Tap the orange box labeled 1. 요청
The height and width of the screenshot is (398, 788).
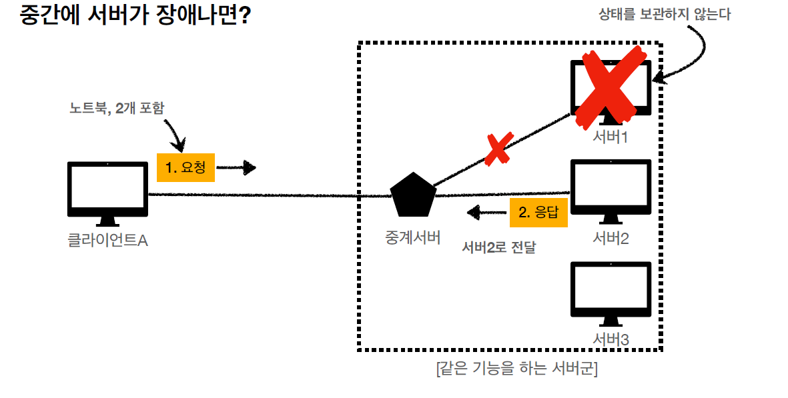(x=185, y=168)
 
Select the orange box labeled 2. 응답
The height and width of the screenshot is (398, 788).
(x=538, y=213)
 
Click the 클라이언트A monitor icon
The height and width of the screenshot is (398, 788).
(x=107, y=189)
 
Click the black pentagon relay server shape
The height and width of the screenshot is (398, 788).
(x=413, y=195)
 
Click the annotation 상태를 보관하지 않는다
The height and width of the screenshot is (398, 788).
(x=664, y=14)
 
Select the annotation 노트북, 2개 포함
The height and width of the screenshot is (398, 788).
(x=116, y=108)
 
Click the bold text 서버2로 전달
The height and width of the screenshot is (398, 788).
(x=499, y=248)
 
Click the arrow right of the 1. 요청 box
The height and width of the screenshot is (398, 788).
(x=237, y=168)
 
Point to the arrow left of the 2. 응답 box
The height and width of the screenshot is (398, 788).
(x=486, y=213)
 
